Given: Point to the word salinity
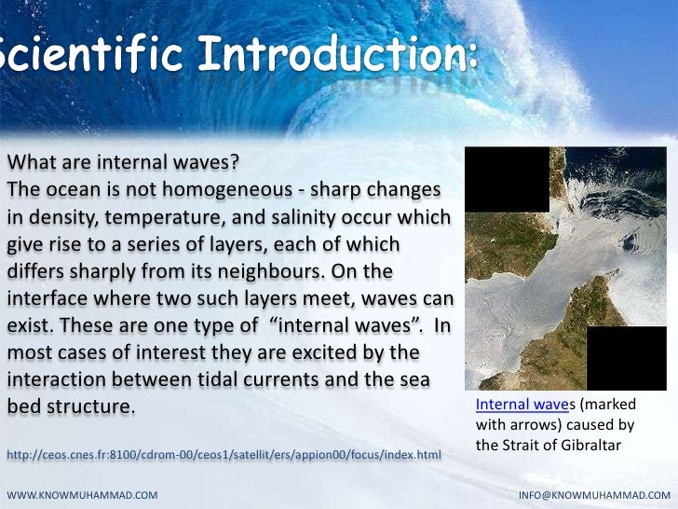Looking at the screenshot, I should [304, 219].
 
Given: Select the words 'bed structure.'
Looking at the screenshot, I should [71, 408].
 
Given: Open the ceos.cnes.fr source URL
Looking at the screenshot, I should [224, 454].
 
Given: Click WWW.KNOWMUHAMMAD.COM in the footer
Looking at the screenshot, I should [82, 491].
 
